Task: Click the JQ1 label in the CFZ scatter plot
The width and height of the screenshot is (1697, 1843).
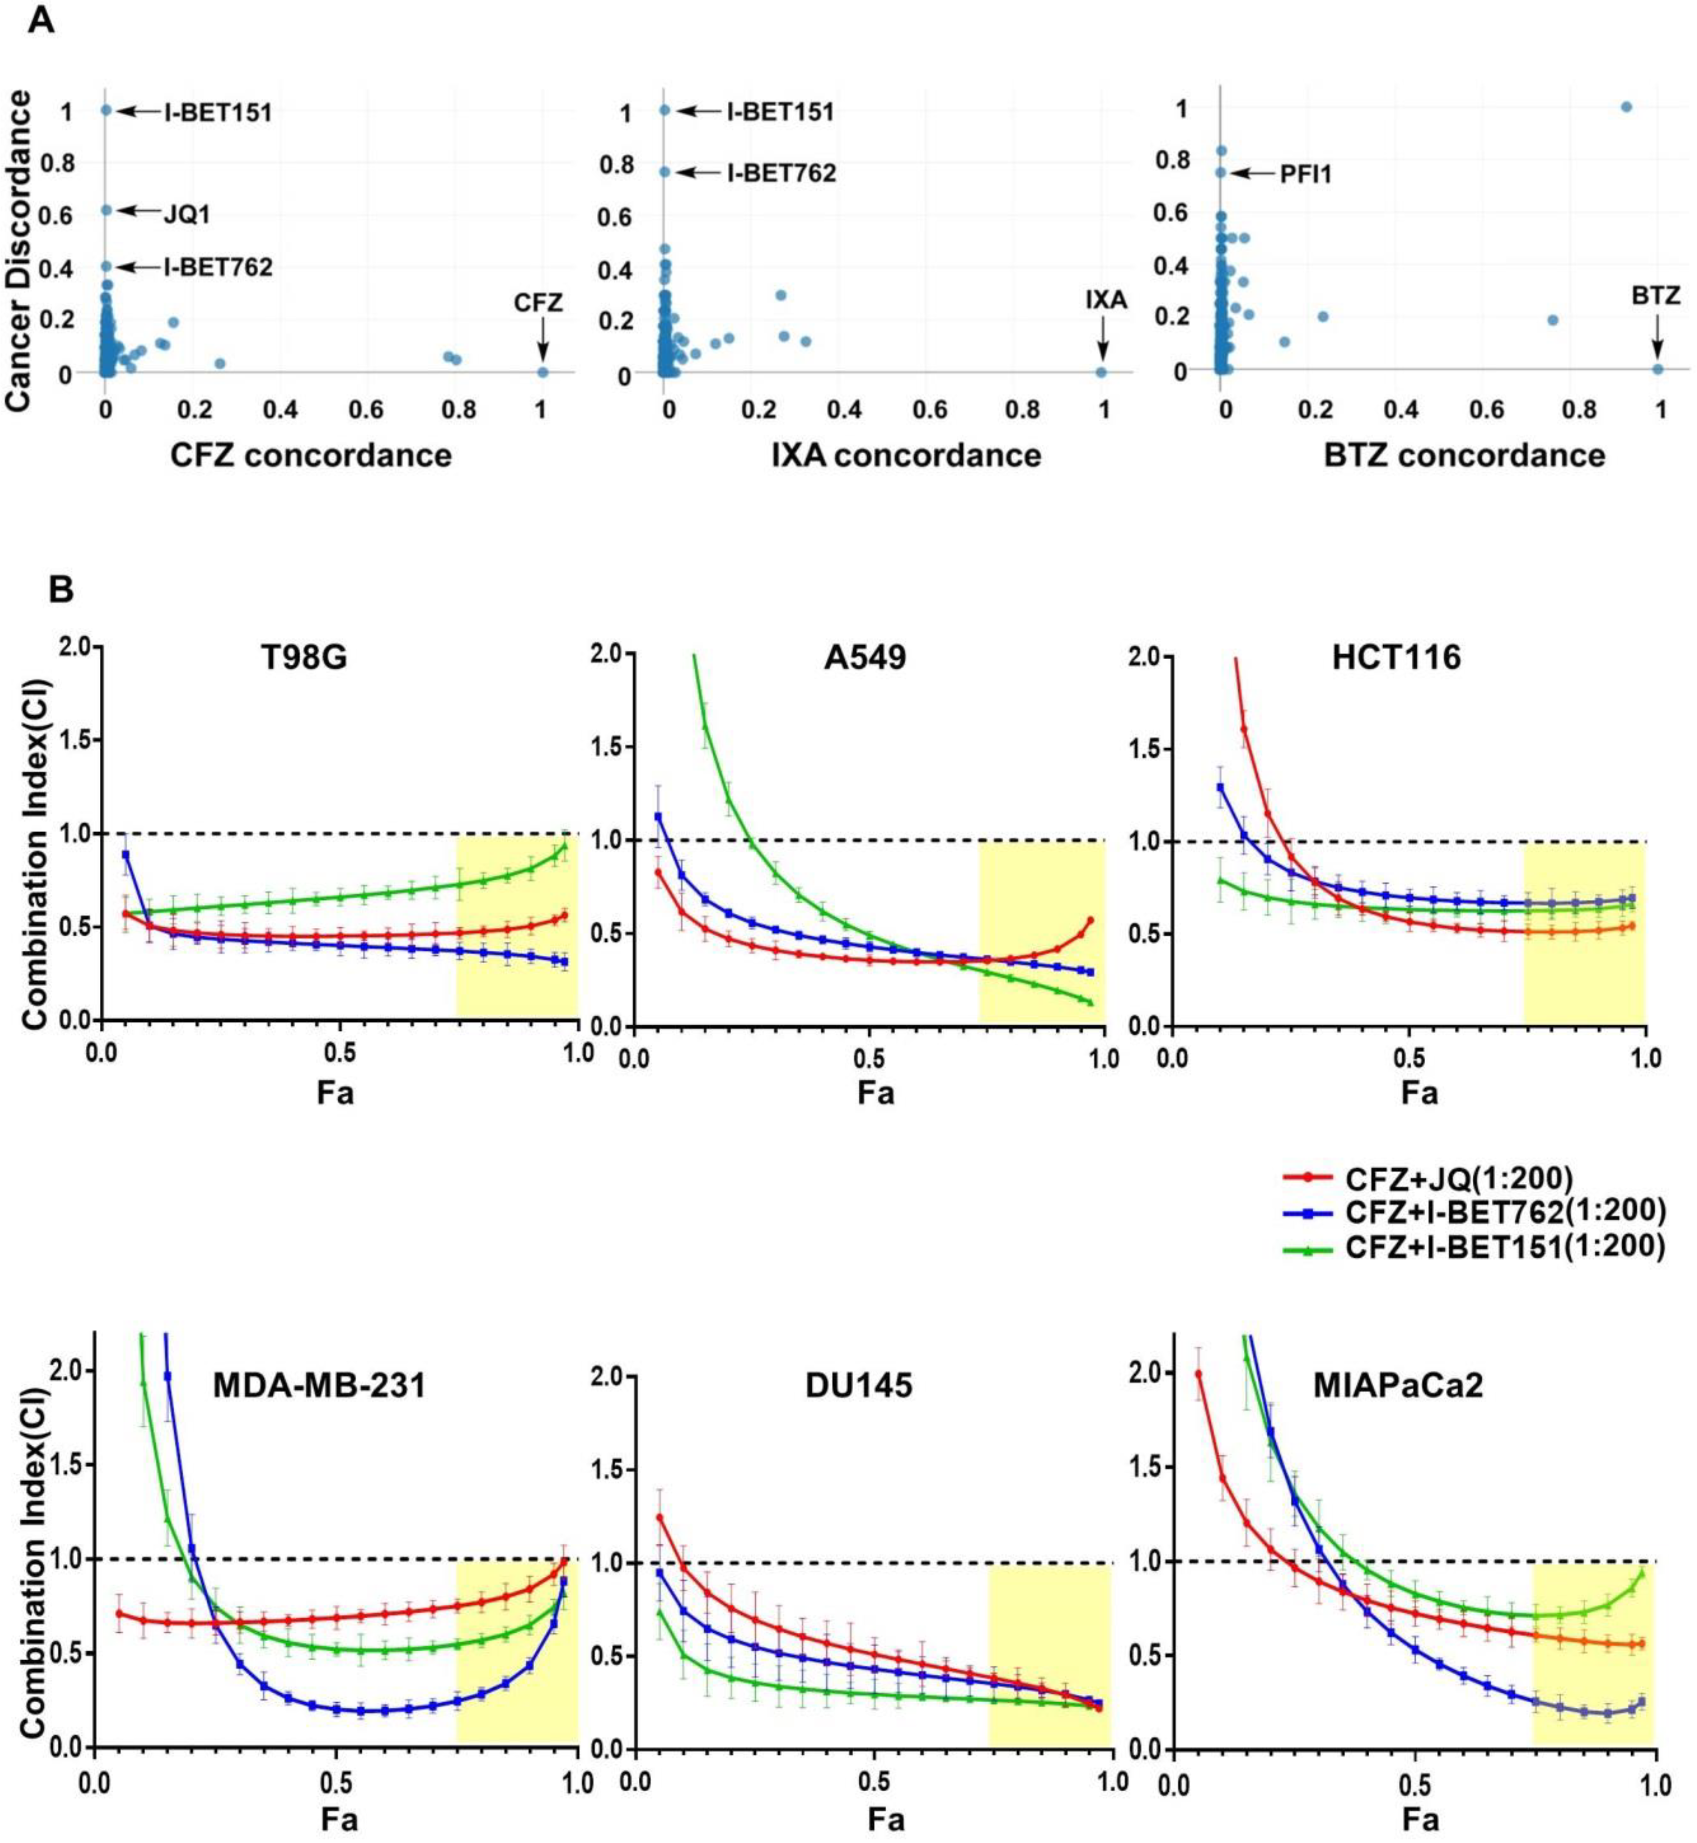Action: click(187, 214)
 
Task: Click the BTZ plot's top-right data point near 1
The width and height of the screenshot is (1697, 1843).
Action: click(1626, 106)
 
